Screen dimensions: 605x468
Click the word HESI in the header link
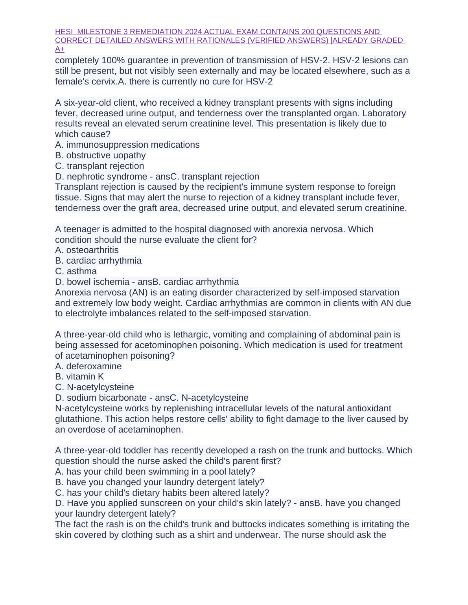pos(64,32)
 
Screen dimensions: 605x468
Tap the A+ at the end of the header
pos(60,49)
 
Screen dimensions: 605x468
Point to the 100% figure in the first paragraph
pos(112,60)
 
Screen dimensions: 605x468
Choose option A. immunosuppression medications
pos(127,145)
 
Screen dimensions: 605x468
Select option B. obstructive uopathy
pos(100,156)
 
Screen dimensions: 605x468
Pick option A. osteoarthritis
pos(87,250)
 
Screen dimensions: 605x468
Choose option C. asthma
pos(76,271)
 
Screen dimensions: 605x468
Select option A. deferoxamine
pos(88,367)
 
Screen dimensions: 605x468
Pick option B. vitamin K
pos(79,377)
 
